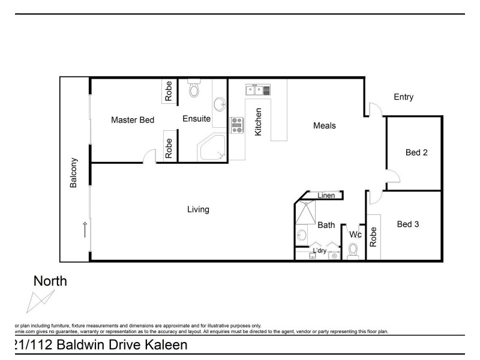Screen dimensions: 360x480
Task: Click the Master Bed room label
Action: tap(133, 120)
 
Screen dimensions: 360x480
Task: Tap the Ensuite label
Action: tap(196, 119)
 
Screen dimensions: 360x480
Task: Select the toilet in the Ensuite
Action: tap(194, 89)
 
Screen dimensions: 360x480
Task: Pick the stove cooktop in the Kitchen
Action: tap(237, 124)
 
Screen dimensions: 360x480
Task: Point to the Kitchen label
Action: tap(259, 122)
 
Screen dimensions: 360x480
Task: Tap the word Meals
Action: tap(324, 126)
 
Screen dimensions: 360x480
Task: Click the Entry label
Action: tap(403, 97)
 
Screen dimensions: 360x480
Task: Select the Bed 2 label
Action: tap(416, 152)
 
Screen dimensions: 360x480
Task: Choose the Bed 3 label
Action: tap(408, 224)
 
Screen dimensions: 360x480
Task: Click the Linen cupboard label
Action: tap(326, 196)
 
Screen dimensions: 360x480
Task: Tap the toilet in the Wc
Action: tap(353, 250)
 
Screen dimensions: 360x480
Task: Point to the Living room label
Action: tap(198, 209)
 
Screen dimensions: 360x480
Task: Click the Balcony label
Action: tap(74, 173)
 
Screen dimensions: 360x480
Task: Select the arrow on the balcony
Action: tap(84, 230)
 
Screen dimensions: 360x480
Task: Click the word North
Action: tap(50, 281)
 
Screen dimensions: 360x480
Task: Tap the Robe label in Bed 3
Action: tap(373, 237)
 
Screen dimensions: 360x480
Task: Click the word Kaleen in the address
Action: tap(164, 345)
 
